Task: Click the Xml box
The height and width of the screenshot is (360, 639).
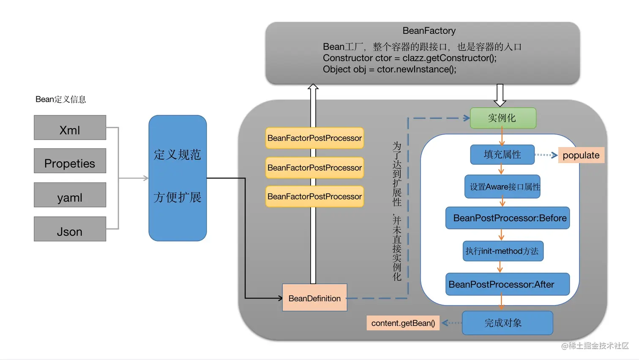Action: point(70,128)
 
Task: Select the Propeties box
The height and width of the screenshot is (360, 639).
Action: point(70,161)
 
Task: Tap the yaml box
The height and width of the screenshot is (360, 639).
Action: point(70,195)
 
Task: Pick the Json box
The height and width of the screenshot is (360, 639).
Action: point(70,229)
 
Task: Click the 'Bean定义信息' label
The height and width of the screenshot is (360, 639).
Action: point(60,99)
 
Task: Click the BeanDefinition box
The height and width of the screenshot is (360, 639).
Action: point(314,298)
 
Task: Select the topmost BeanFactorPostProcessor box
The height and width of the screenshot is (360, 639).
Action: point(314,138)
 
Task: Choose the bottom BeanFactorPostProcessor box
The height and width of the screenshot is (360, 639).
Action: point(314,196)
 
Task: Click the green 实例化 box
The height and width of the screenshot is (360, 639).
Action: point(503,118)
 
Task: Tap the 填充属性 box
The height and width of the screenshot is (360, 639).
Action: point(502,155)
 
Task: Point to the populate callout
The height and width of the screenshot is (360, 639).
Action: point(581,155)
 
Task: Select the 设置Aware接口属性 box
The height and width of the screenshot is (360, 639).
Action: point(502,187)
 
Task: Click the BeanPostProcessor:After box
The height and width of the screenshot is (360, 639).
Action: point(508,284)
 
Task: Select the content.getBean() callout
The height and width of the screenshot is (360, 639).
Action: point(403,323)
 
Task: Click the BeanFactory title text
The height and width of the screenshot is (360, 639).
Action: point(429,31)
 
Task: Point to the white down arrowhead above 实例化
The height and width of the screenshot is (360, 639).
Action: point(500,102)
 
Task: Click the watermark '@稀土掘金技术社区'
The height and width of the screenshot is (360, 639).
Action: point(595,346)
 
